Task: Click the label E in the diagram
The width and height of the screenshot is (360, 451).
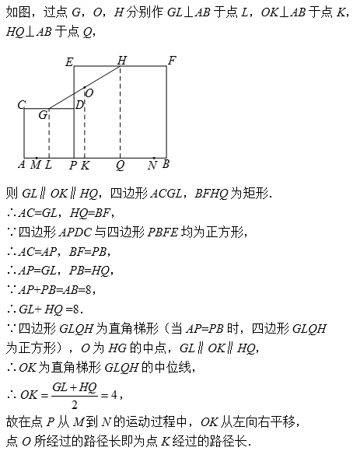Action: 69,62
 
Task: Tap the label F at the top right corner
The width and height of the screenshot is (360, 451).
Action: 172,61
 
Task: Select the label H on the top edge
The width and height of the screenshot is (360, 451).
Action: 122,61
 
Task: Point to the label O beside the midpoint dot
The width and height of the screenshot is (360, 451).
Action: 89,93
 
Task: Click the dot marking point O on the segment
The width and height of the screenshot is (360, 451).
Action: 85,87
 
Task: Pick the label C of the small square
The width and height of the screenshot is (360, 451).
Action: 22,104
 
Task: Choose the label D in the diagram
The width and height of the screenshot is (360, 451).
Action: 79,105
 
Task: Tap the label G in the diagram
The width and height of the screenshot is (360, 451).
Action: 43,115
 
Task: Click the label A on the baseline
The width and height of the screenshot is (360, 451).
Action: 22,164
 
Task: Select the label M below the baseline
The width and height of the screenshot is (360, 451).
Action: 35,165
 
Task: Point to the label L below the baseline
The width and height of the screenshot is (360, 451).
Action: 48,165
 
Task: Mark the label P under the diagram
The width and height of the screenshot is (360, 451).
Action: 73,165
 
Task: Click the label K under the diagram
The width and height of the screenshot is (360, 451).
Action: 85,166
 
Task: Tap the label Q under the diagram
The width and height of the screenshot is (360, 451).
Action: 121,166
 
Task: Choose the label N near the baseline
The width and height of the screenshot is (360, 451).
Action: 152,166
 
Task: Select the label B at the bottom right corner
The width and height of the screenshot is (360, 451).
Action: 166,164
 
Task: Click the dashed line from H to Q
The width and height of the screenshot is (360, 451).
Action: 121,112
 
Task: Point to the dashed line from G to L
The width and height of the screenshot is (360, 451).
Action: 49,133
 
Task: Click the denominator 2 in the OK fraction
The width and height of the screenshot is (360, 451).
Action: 75,405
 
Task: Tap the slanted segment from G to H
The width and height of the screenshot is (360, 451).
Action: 85,87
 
